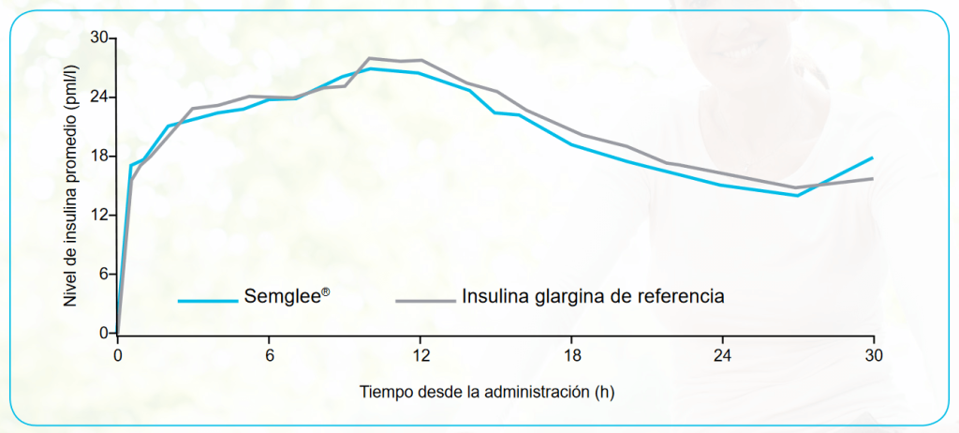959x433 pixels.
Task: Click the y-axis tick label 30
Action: (x=99, y=38)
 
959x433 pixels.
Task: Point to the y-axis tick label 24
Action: (x=99, y=97)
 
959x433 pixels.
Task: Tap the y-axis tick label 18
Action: (x=99, y=157)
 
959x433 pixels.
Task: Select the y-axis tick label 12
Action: (x=99, y=216)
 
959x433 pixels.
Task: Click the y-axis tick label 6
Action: (x=103, y=275)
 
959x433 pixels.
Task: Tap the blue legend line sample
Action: (x=207, y=301)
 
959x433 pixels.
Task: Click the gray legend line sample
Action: (x=424, y=301)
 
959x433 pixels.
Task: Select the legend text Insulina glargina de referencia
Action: (x=592, y=297)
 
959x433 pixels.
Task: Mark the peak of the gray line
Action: (x=370, y=58)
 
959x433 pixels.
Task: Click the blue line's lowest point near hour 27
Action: (x=797, y=195)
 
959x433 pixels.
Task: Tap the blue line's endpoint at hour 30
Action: (x=873, y=157)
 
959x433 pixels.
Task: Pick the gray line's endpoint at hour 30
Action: (x=873, y=178)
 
